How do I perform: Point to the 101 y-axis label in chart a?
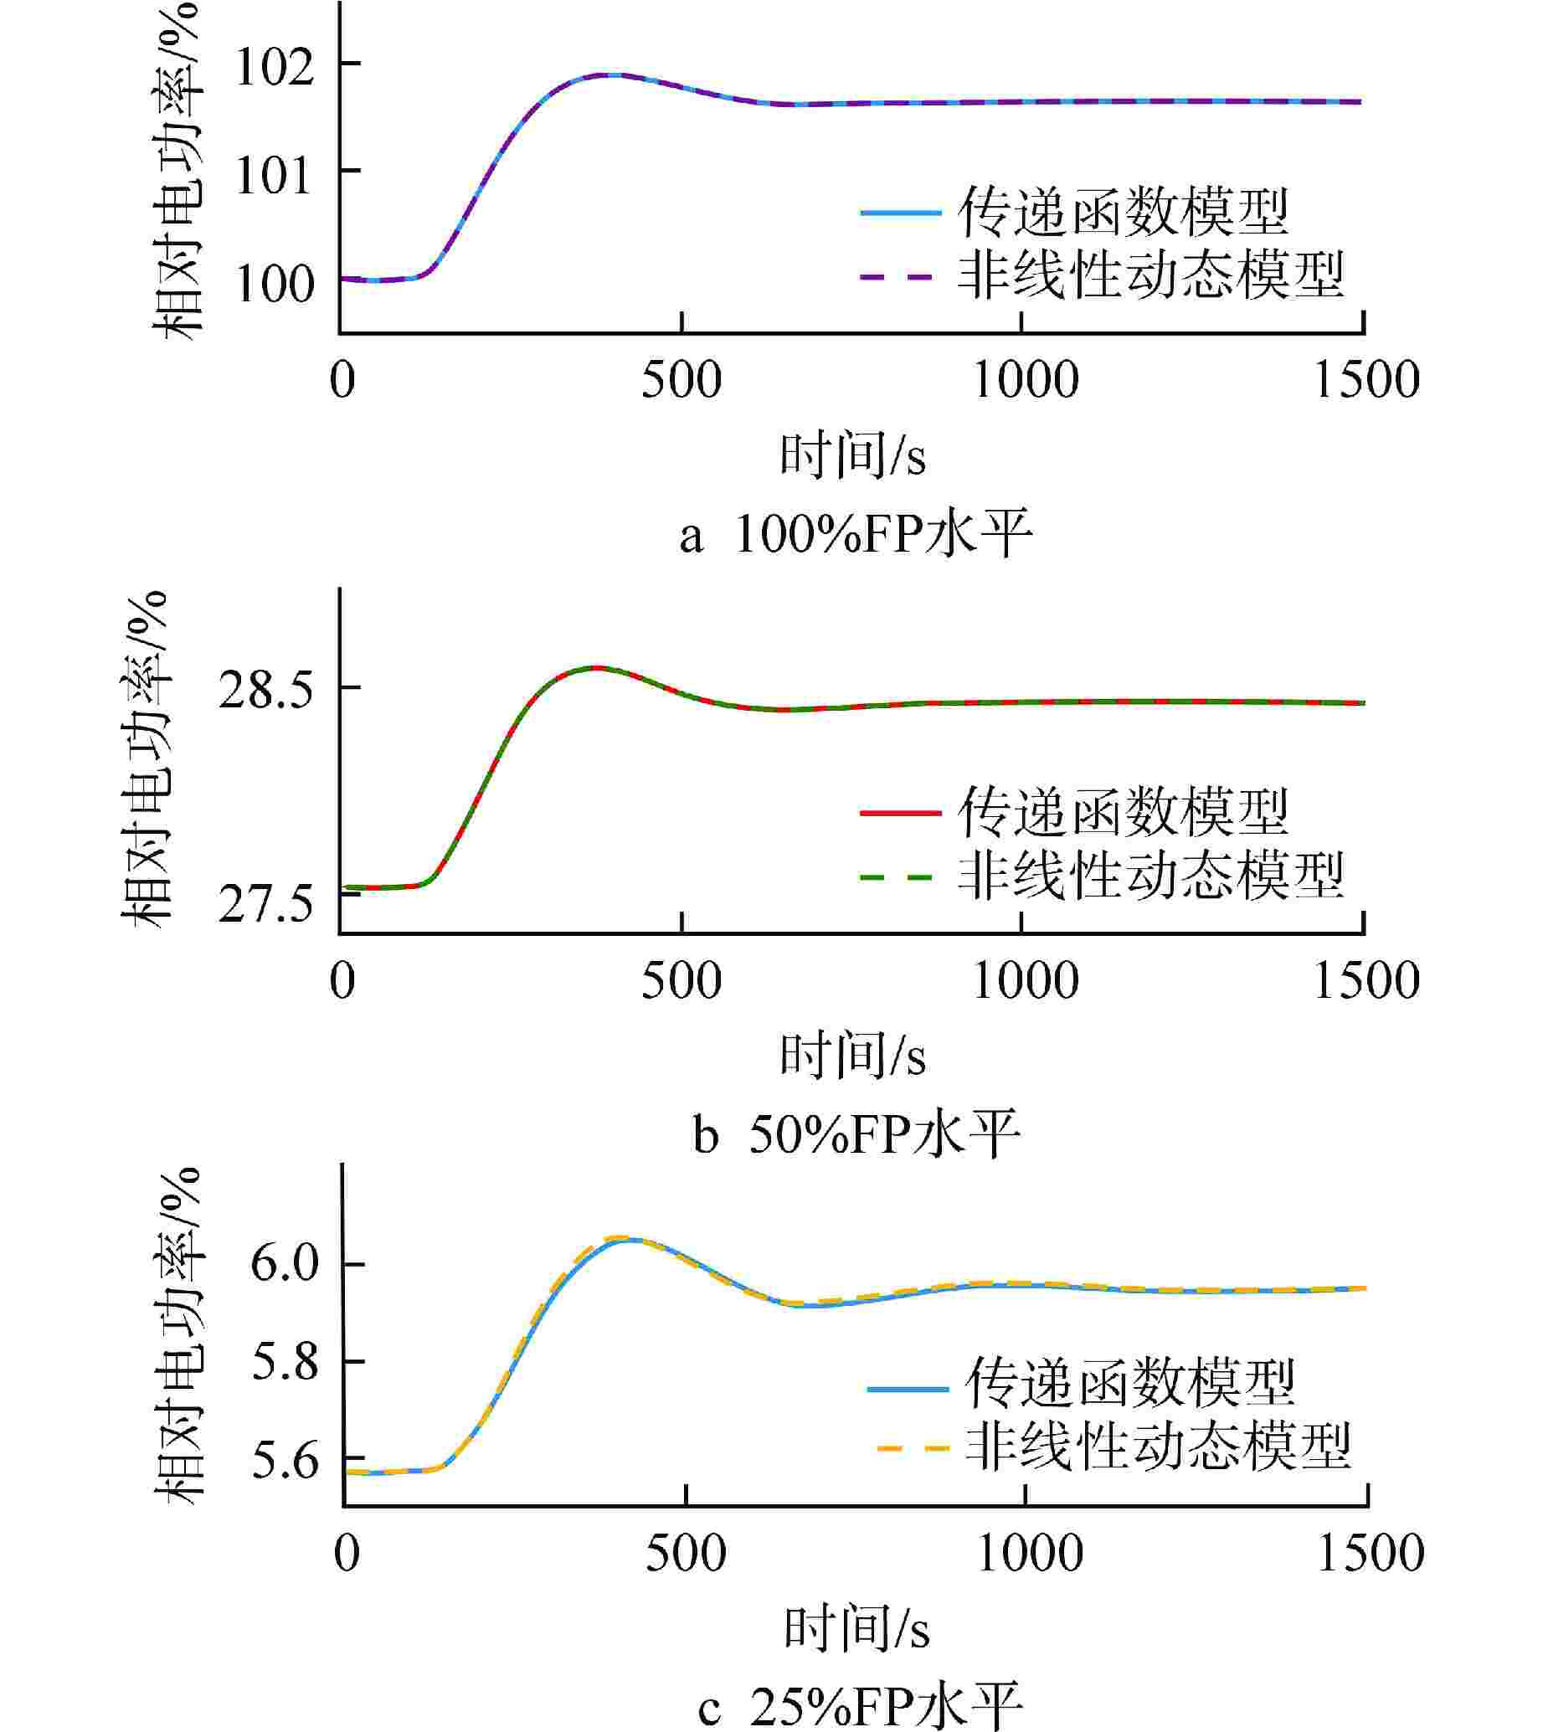pos(274,176)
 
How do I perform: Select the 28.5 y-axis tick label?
pos(265,691)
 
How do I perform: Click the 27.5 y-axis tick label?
pos(265,907)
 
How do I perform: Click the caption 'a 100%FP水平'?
pos(856,535)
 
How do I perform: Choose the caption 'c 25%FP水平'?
pos(860,1706)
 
